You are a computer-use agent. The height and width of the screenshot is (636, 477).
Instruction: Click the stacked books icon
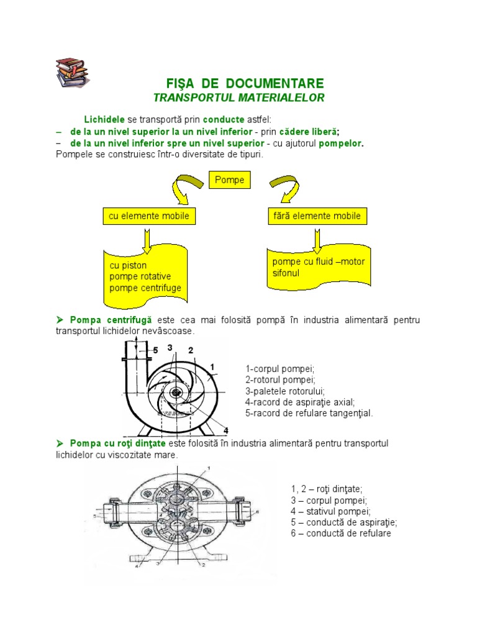coord(72,72)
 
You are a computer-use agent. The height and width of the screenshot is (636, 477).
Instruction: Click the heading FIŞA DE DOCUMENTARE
coord(245,83)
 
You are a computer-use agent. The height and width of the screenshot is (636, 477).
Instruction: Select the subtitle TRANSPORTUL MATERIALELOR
coord(239,98)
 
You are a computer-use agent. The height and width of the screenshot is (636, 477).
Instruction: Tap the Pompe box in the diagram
coord(229,181)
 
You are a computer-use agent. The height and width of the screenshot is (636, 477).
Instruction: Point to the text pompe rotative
coord(140,276)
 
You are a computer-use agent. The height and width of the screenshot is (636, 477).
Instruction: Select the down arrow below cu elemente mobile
coord(147,238)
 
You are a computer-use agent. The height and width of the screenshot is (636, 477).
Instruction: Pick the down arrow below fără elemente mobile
coord(316,238)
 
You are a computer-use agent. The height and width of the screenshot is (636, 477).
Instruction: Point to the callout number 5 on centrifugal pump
coord(156,350)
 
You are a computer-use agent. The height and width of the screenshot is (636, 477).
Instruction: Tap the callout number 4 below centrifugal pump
coord(225,430)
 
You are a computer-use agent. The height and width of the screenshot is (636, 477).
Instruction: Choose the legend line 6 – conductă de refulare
coord(341,534)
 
